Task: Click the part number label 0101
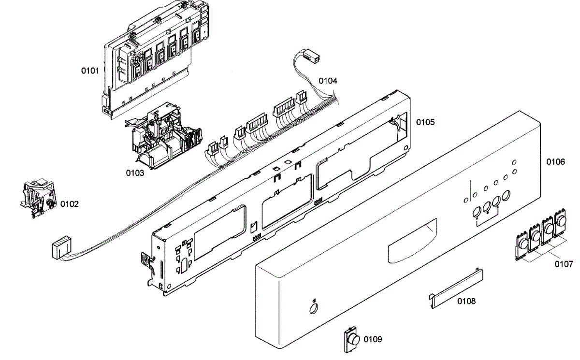(90, 71)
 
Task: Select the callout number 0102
(69, 204)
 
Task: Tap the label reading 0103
(135, 173)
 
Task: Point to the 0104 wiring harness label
(328, 81)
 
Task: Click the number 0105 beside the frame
(425, 122)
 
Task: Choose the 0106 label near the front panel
(555, 162)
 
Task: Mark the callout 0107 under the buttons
(564, 264)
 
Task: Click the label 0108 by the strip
(466, 301)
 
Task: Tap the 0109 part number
(373, 339)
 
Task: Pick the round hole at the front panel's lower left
(313, 308)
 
